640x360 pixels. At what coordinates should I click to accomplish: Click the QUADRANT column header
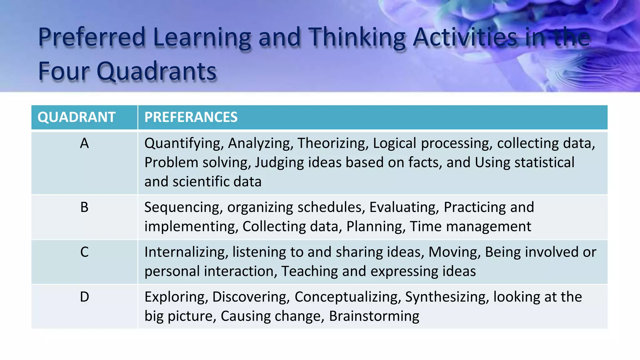[x=77, y=117]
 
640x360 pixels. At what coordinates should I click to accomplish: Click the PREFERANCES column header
[x=191, y=117]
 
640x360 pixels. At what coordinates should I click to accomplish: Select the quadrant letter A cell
[x=84, y=143]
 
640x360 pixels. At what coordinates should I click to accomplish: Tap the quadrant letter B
[x=84, y=207]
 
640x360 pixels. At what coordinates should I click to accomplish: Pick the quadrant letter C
[x=84, y=252]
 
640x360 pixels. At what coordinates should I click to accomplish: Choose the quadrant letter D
[x=84, y=297]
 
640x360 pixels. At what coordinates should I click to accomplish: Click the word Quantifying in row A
[x=184, y=143]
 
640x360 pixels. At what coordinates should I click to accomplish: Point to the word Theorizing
[x=333, y=143]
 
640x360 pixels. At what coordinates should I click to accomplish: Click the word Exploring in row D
[x=176, y=297]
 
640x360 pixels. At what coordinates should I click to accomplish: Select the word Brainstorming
[x=374, y=316]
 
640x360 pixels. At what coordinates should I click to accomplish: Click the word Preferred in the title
[x=92, y=37]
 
